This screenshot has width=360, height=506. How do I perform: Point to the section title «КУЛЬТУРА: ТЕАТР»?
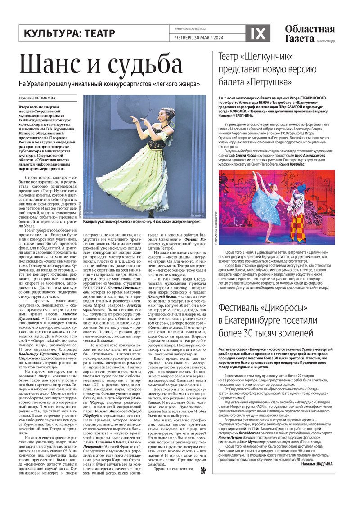point(69,33)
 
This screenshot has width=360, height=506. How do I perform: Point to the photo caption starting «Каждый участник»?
point(142,222)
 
